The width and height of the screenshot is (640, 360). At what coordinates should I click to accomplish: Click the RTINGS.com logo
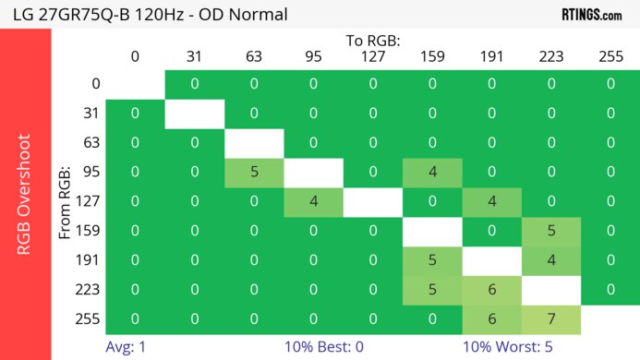[592, 14]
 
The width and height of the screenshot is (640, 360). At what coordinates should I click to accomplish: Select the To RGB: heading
[372, 41]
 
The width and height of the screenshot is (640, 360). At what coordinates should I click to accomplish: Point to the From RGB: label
[66, 202]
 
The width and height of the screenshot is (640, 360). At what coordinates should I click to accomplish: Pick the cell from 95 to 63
[254, 172]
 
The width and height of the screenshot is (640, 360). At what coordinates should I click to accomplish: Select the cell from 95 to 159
[432, 172]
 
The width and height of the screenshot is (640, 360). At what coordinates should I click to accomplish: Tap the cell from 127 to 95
[313, 200]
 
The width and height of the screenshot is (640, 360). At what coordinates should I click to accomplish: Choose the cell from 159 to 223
[550, 231]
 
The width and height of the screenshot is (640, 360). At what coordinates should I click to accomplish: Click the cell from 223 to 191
[491, 289]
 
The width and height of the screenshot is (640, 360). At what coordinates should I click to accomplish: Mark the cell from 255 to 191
[491, 318]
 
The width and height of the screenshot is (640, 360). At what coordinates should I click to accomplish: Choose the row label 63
[90, 143]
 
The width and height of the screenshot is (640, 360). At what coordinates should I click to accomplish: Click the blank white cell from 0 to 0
[135, 84]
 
